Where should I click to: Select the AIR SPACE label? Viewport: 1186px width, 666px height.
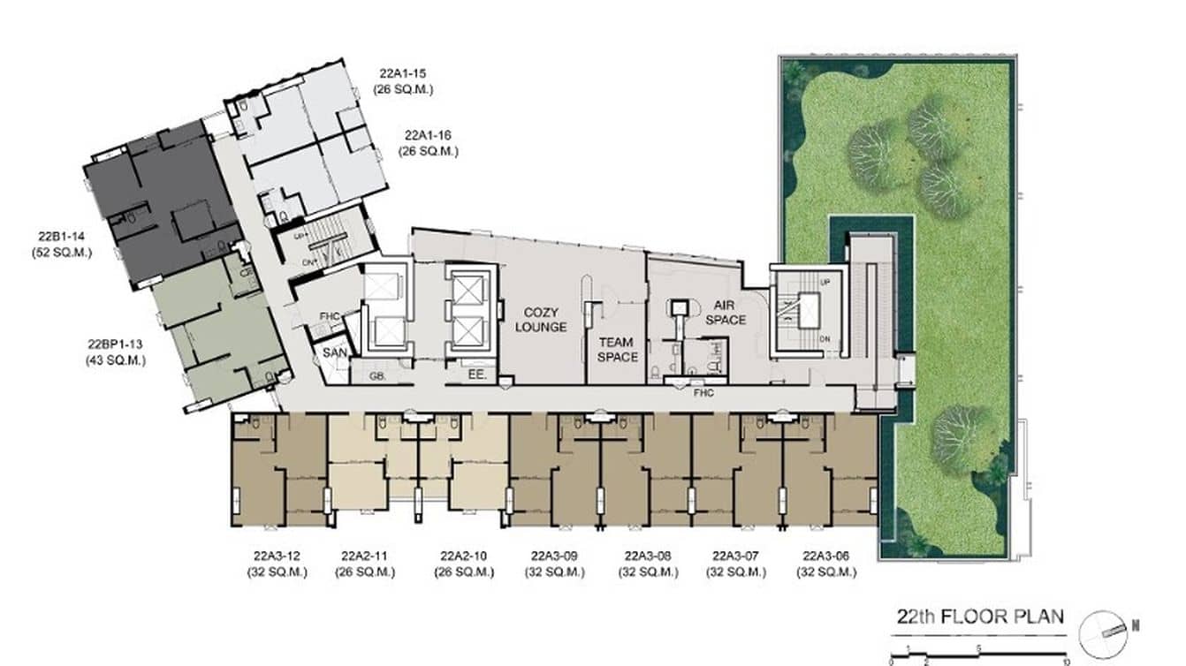725,312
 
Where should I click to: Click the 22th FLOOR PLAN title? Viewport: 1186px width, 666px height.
980,617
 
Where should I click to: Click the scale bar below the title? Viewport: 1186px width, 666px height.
980,654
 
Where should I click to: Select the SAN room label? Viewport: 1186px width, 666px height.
335,353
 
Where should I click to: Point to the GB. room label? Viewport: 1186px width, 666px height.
377,376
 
